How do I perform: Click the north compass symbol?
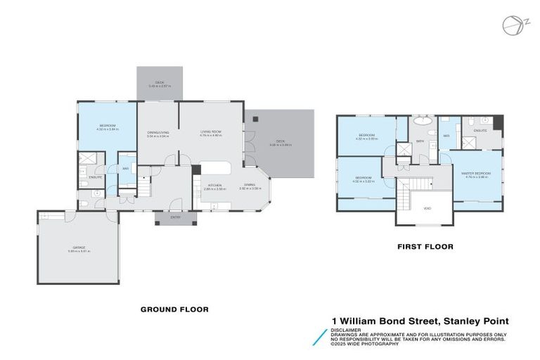click(x=513, y=25)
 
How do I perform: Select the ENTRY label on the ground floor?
click(x=175, y=217)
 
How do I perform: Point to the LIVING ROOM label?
click(x=211, y=131)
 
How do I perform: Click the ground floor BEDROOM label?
click(x=108, y=125)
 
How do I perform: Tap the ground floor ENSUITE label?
click(x=96, y=177)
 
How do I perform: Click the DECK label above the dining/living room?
click(x=160, y=82)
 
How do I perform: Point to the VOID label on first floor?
click(x=426, y=208)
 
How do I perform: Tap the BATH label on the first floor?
click(x=419, y=141)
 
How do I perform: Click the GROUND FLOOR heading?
click(x=174, y=309)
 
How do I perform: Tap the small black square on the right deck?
click(x=255, y=118)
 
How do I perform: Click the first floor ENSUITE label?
click(x=480, y=131)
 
